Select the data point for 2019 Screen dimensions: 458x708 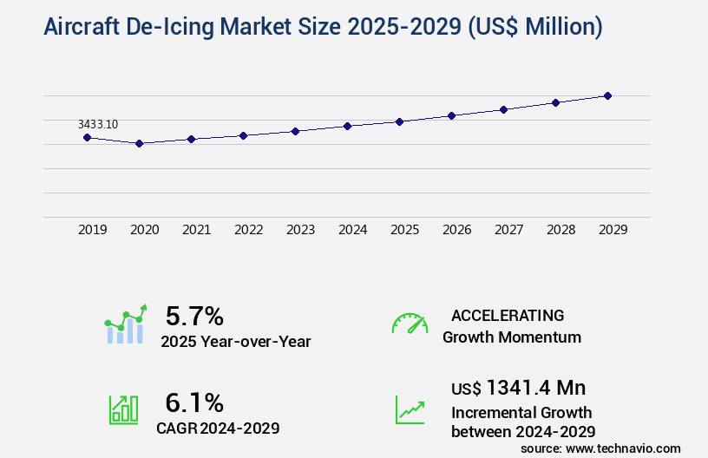[87, 137]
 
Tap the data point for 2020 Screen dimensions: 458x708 [139, 143]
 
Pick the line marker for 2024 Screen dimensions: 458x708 [347, 126]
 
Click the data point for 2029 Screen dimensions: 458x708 [607, 95]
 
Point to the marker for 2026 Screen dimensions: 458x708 [451, 115]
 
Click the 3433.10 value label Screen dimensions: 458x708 [98, 124]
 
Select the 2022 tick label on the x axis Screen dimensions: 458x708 [248, 230]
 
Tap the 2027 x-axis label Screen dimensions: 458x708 [508, 230]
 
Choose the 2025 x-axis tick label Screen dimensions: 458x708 [404, 230]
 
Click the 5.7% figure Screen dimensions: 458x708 [194, 315]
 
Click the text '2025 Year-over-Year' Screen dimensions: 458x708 [235, 342]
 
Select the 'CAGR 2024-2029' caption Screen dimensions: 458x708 [218, 429]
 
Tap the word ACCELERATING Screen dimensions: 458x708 [508, 315]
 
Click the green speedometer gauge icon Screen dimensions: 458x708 [410, 324]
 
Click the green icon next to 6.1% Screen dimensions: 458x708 [123, 409]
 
